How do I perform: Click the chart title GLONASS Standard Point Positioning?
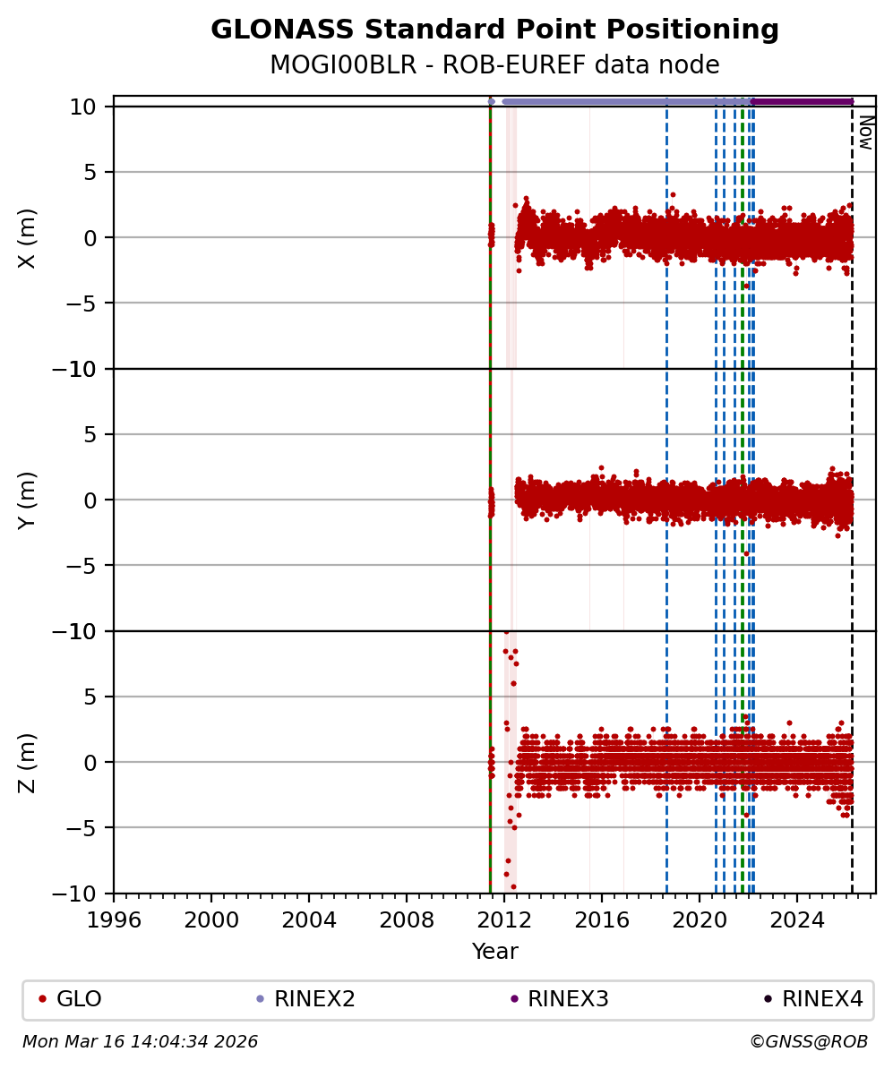[x=494, y=30]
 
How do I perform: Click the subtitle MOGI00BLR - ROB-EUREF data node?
[x=494, y=65]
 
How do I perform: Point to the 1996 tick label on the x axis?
[x=114, y=918]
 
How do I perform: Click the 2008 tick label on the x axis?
[x=407, y=918]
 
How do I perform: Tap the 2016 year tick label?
[x=602, y=918]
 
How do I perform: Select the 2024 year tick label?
[x=797, y=918]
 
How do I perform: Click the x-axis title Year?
[x=494, y=952]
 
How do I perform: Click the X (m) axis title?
[x=28, y=237]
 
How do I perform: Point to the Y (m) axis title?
[x=28, y=500]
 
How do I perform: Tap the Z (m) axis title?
[x=28, y=762]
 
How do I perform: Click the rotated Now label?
[x=866, y=132]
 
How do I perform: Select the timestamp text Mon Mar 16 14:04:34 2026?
[x=140, y=1042]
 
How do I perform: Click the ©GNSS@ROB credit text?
[x=808, y=1042]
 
